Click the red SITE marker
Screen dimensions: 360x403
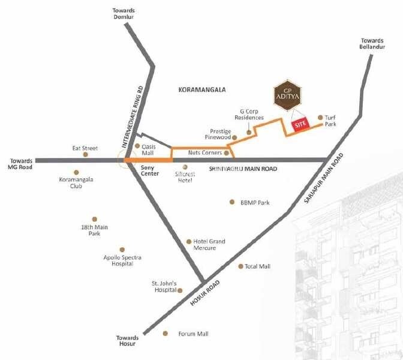point(299,125)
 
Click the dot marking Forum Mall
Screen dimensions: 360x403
point(166,333)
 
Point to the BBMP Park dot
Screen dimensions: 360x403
point(231,202)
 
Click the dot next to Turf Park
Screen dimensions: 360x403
point(320,118)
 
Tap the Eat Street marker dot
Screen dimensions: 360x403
point(85,154)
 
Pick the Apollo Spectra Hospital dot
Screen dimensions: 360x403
point(122,249)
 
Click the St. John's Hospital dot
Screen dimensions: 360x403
point(181,290)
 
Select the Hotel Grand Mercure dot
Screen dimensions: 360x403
point(188,241)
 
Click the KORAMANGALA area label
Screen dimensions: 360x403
point(201,89)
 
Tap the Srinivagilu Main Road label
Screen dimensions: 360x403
point(243,170)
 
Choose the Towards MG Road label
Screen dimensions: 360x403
point(22,163)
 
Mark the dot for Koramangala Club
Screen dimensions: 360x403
point(76,172)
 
